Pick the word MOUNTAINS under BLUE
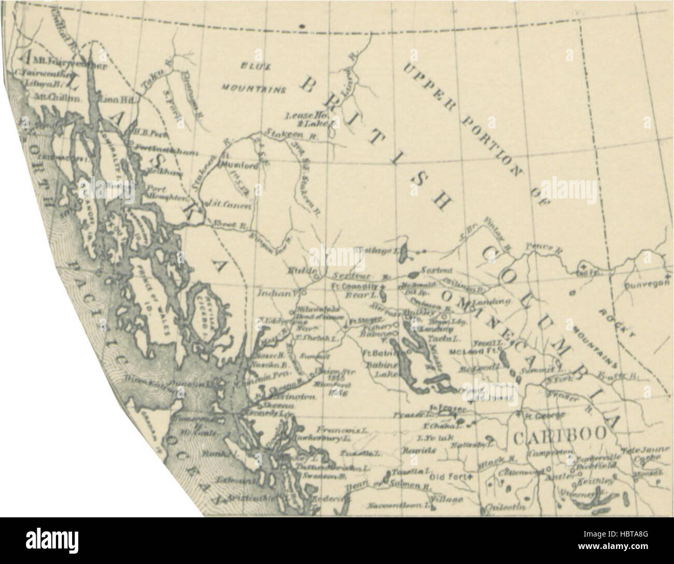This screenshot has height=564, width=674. click(x=254, y=89)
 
